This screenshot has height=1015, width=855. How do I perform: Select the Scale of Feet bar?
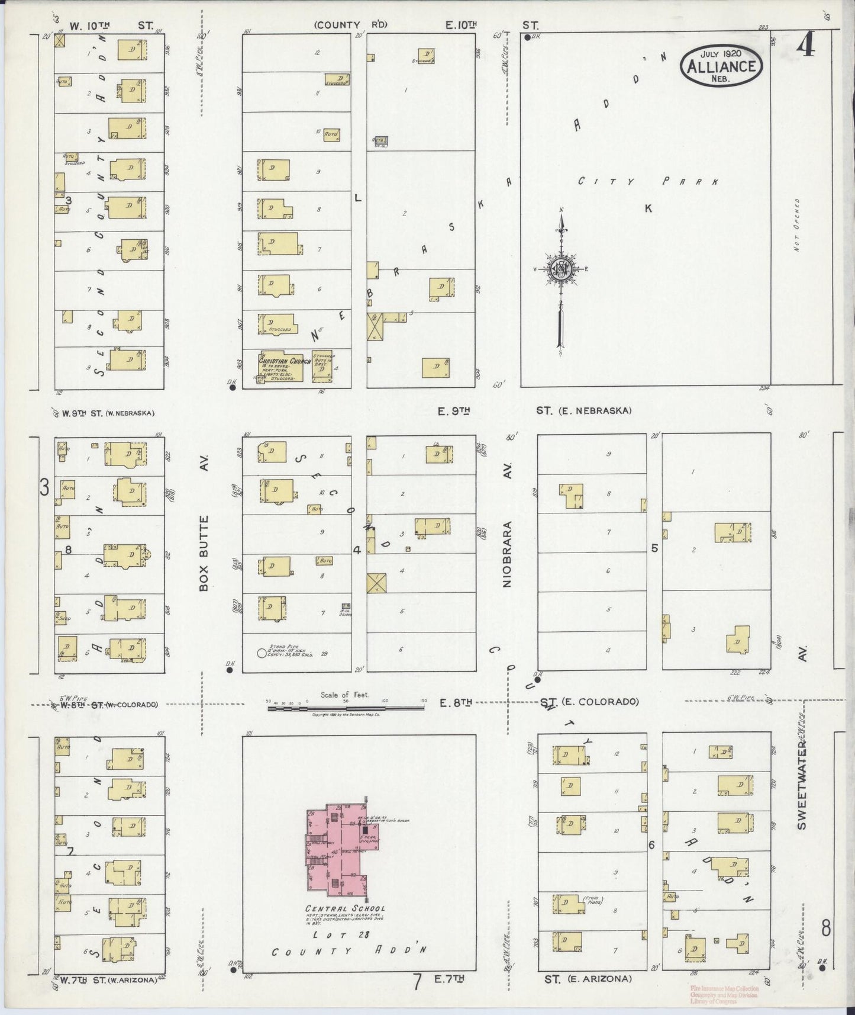[346, 706]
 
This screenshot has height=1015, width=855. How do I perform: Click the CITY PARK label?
[648, 181]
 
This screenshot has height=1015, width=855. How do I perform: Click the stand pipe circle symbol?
[262, 654]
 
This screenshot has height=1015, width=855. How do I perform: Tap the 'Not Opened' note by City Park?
[797, 225]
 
